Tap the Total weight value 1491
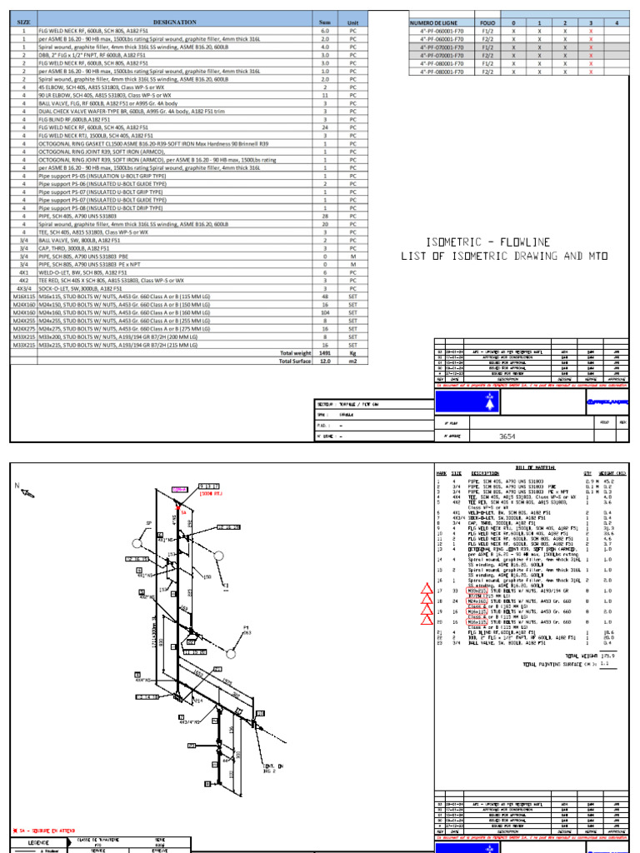click(325, 353)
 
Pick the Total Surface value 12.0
click(325, 362)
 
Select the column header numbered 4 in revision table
click(616, 22)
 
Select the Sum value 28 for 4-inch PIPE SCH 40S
click(325, 216)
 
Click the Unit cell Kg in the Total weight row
click(352, 353)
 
